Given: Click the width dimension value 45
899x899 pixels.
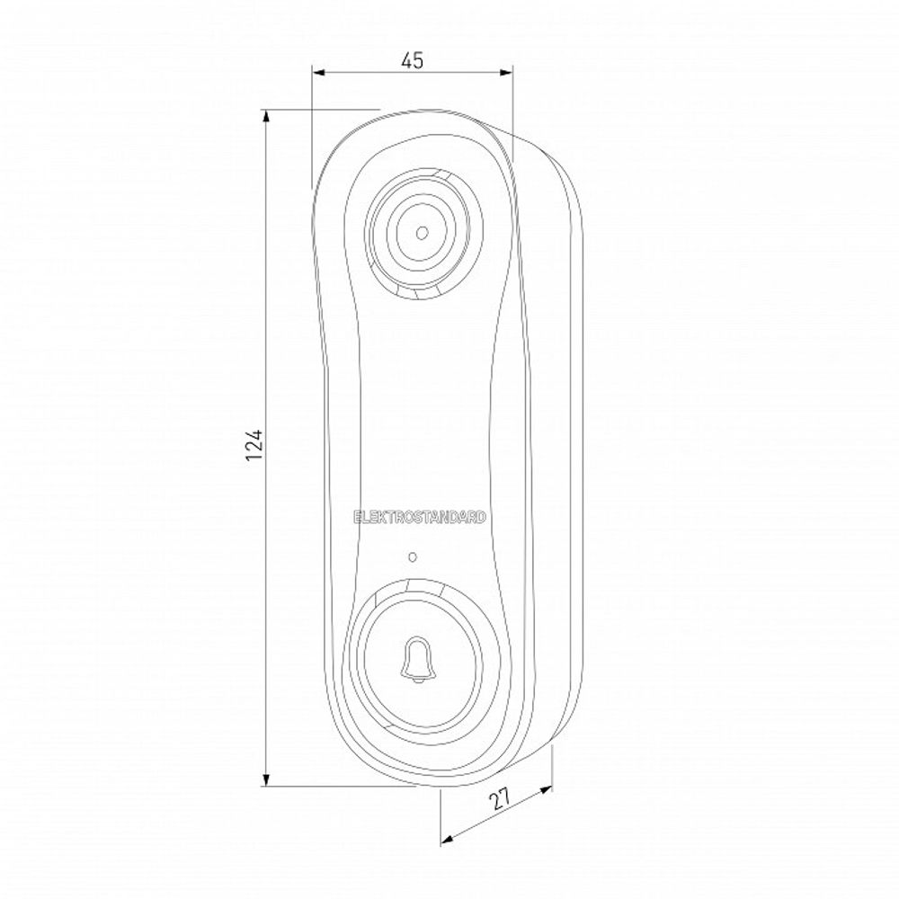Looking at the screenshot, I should click(412, 61).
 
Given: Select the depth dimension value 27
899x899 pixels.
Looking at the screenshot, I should click(500, 798).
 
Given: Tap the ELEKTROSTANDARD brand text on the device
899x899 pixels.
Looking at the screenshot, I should click(421, 518).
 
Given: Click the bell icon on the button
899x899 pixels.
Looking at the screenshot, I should click(415, 661).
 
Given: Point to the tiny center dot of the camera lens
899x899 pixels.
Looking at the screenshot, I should click(421, 232).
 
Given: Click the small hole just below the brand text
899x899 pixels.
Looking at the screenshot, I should click(412, 556).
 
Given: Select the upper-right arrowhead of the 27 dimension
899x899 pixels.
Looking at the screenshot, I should click(547, 790).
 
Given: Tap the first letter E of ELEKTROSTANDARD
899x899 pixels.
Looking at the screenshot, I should click(358, 518).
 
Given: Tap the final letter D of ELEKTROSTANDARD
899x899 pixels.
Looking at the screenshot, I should click(484, 518).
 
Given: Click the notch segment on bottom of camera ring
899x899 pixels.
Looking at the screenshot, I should click(419, 294).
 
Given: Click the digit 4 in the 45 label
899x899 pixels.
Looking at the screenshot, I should click(406, 61).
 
